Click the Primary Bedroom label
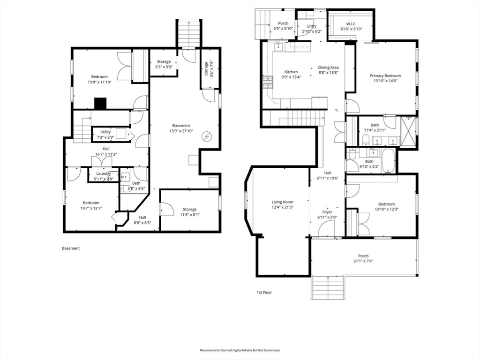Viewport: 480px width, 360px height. point(385,75)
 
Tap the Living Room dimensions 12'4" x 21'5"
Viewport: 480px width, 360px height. point(282,207)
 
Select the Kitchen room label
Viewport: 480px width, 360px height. point(291,72)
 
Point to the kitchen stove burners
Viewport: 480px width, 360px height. point(268,82)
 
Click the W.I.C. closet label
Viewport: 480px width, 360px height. point(351,24)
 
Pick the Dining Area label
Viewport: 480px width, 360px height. point(328,67)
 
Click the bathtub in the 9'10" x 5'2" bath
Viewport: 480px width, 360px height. point(389,161)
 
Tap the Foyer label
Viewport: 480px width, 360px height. point(327,212)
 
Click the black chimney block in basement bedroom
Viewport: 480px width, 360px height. point(100,104)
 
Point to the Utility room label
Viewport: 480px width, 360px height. point(105,132)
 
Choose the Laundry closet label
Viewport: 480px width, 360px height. point(104,173)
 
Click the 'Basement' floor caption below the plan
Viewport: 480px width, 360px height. point(71,248)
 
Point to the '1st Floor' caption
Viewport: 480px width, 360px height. point(264,292)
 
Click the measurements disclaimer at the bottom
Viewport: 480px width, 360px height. point(240,350)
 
